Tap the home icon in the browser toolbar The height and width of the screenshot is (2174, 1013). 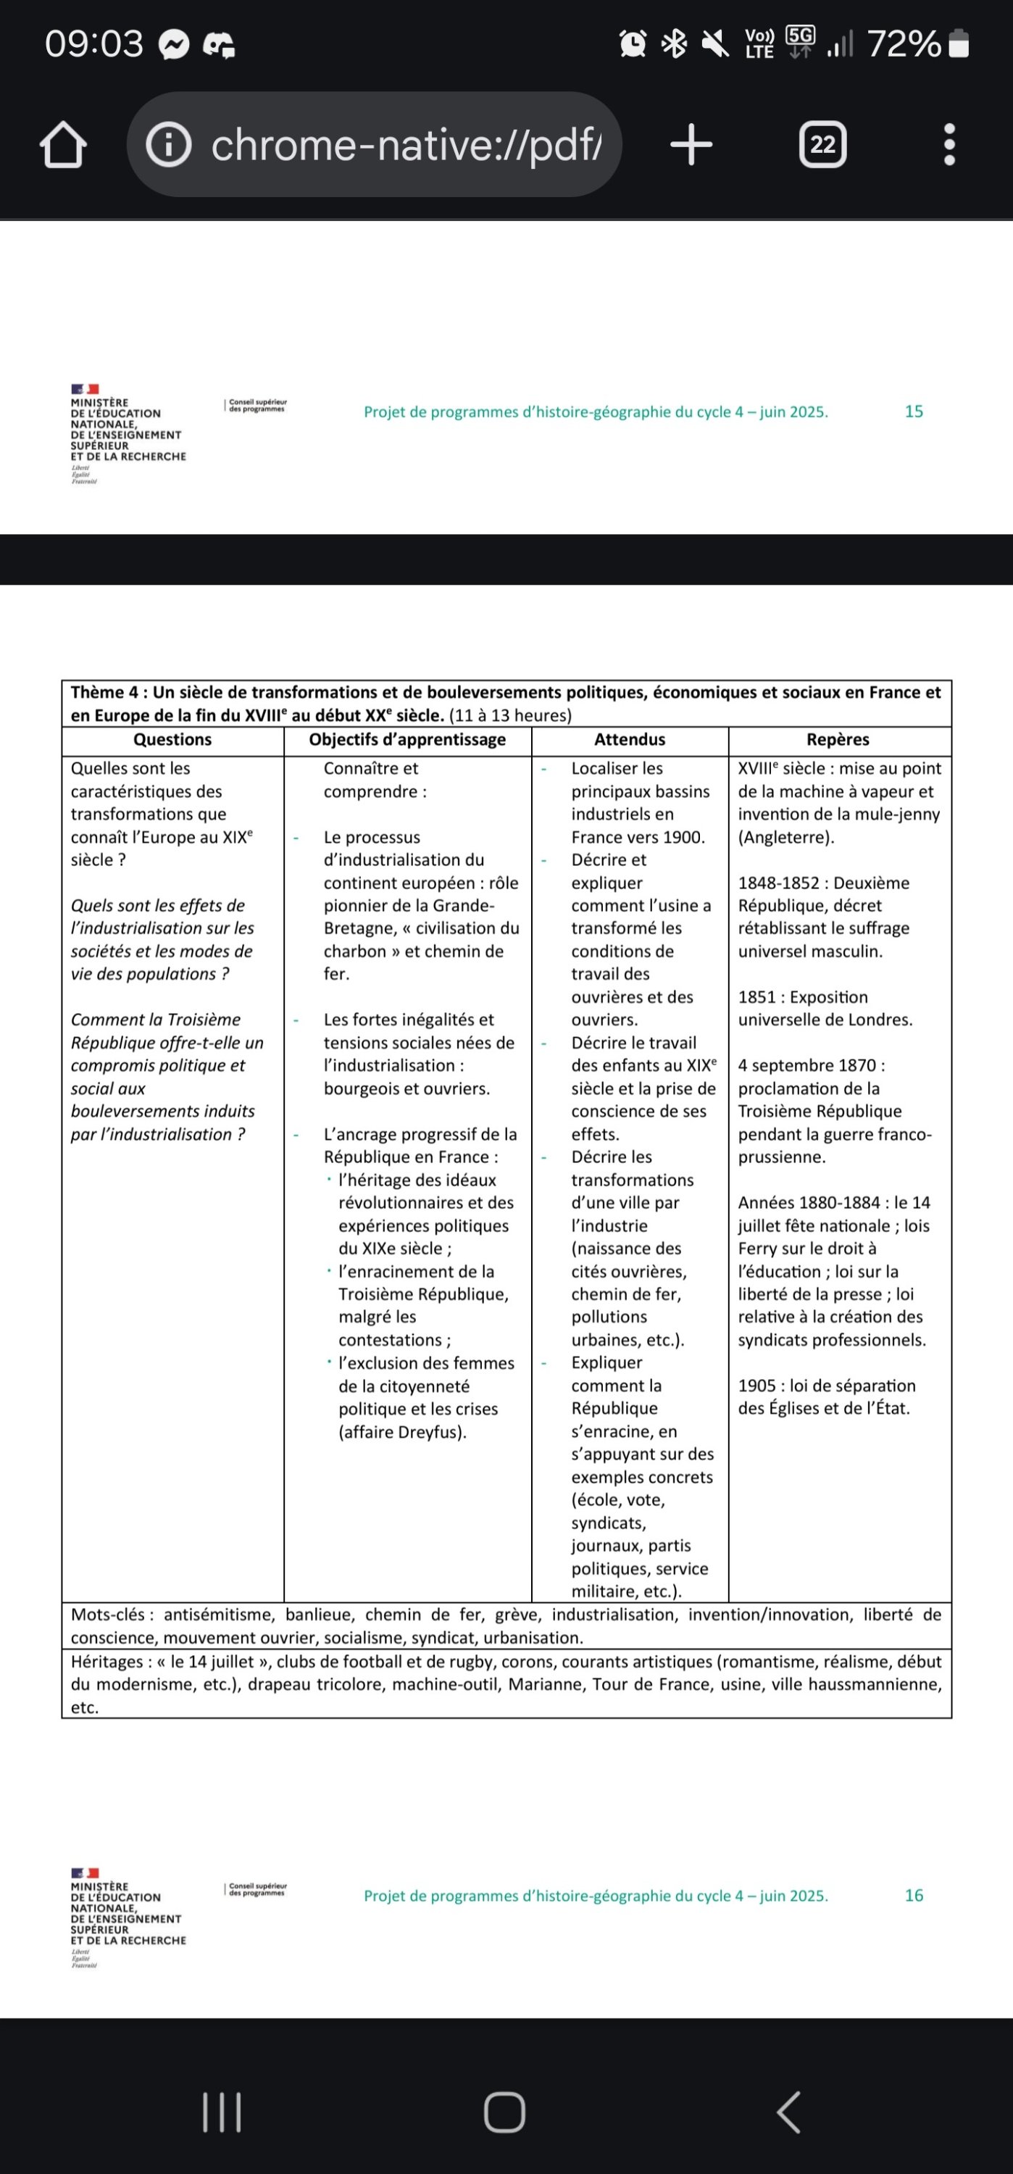[x=63, y=145]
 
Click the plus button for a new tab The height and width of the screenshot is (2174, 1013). [x=691, y=144]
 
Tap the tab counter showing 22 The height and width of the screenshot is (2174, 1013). [x=822, y=145]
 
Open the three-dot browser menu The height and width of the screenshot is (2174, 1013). [x=949, y=145]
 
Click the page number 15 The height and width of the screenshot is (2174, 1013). [x=914, y=412]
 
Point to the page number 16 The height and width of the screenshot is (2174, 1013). [x=914, y=1895]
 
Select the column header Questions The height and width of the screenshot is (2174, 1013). [x=172, y=739]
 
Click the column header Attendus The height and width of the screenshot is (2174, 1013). [x=629, y=739]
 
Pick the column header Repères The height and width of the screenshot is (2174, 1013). [x=838, y=739]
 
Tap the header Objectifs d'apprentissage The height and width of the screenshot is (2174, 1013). [x=407, y=739]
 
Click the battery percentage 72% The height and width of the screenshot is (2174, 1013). [x=904, y=44]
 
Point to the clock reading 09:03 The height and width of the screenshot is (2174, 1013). [x=93, y=44]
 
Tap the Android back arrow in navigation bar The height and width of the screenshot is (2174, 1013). [x=788, y=2112]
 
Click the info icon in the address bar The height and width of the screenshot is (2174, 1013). [x=169, y=145]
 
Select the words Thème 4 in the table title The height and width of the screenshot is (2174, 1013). [x=104, y=693]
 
